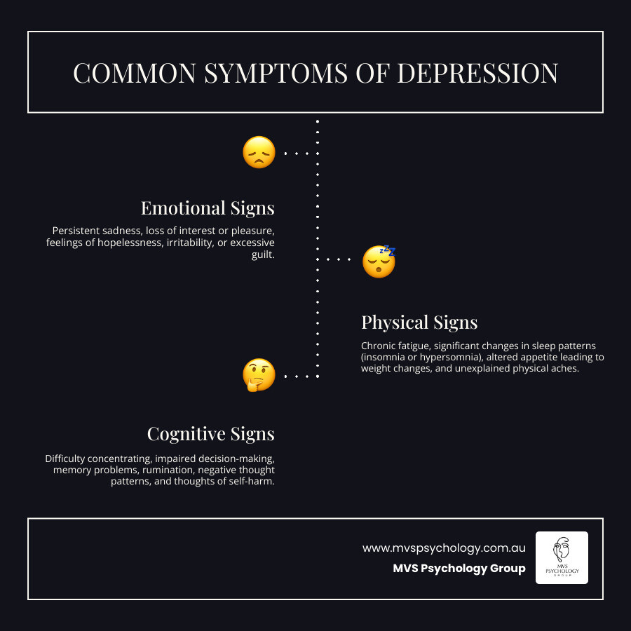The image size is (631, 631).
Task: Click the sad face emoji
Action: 259,152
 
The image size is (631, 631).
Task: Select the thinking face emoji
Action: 259,375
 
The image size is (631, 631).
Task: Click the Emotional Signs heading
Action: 208,208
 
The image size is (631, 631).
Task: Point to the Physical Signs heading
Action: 419,323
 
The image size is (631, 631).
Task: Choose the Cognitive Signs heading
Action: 210,434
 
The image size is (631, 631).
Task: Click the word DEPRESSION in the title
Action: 477,74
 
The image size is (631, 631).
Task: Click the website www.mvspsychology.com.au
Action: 444,548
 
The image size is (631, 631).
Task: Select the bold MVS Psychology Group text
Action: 459,569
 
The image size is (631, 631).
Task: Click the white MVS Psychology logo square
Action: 562,557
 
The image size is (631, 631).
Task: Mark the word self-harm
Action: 250,482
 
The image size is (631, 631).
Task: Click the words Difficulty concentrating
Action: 97,459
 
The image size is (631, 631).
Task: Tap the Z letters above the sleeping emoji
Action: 388,250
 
